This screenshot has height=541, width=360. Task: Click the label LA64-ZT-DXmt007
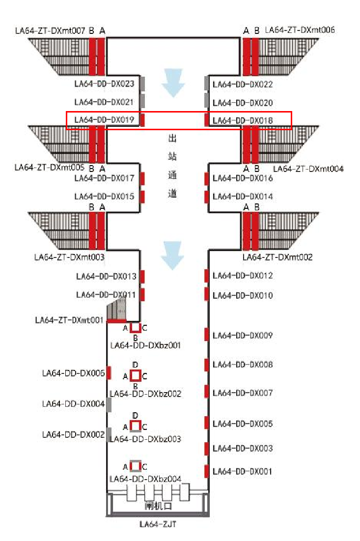(x=50, y=31)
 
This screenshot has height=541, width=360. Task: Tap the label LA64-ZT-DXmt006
(x=300, y=30)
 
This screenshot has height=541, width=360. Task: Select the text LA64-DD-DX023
(x=104, y=85)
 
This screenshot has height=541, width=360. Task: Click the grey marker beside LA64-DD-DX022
(x=207, y=84)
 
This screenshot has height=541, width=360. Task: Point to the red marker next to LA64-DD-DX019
(x=142, y=120)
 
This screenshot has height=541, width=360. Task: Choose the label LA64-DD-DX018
(x=243, y=120)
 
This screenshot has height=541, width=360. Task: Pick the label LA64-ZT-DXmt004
(x=308, y=169)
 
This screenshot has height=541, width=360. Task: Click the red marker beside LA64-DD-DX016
(x=207, y=178)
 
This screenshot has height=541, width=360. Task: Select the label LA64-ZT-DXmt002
(x=277, y=257)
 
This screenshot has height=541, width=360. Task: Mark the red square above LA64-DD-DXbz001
(x=136, y=328)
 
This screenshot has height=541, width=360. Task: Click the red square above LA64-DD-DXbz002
(x=136, y=376)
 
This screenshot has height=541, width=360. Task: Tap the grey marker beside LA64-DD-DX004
(x=109, y=404)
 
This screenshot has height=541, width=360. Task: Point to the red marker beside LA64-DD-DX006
(x=109, y=373)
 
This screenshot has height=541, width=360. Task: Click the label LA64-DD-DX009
(x=243, y=336)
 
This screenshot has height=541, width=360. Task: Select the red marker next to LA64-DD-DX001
(x=207, y=471)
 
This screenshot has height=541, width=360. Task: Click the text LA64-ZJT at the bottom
(x=158, y=524)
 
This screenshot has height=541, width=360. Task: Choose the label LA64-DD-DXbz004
(x=145, y=479)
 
